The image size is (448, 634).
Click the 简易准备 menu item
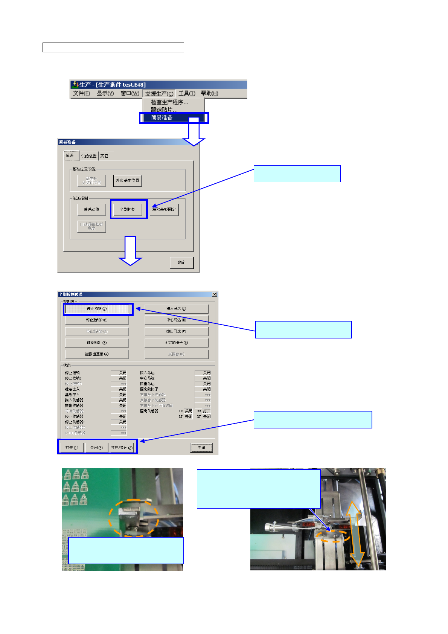[x=162, y=118]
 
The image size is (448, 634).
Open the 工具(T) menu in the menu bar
[x=187, y=93]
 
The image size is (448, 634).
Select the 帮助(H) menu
[x=209, y=93]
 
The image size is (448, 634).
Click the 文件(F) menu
[x=81, y=93]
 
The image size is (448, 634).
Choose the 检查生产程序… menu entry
[x=169, y=102]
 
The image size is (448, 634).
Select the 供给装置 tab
[x=89, y=156]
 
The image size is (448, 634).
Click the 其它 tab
[x=104, y=156]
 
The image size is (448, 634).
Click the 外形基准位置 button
[x=128, y=181]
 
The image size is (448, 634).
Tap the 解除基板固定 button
[x=164, y=209]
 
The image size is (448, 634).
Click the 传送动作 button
[x=91, y=209]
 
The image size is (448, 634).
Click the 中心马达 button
[x=176, y=320]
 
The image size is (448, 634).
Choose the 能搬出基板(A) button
[x=97, y=354]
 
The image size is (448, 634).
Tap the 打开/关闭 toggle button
[x=122, y=448]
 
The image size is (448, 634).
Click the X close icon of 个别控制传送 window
[x=215, y=294]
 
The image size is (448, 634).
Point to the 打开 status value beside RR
[x=207, y=411]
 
